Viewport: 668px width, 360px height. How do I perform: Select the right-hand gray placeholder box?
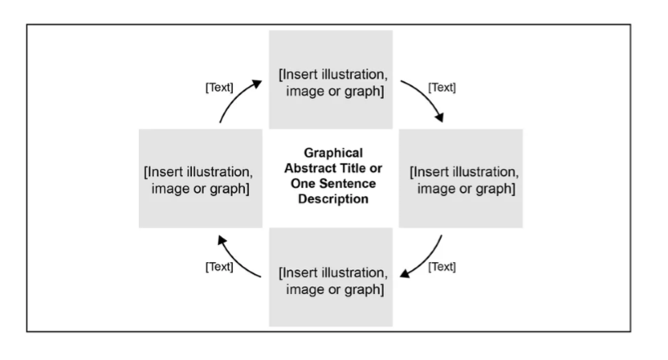[460, 178]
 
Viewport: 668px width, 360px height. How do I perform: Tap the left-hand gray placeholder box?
[200, 178]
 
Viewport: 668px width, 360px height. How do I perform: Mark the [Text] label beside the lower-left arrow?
[219, 267]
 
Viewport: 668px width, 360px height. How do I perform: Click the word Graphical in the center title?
[332, 153]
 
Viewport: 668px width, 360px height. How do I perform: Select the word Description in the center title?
[332, 199]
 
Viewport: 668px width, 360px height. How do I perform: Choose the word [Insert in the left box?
[163, 172]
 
